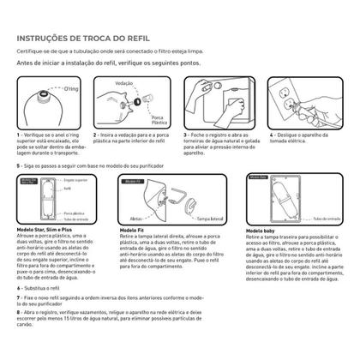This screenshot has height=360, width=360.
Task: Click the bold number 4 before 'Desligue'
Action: [273, 135]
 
